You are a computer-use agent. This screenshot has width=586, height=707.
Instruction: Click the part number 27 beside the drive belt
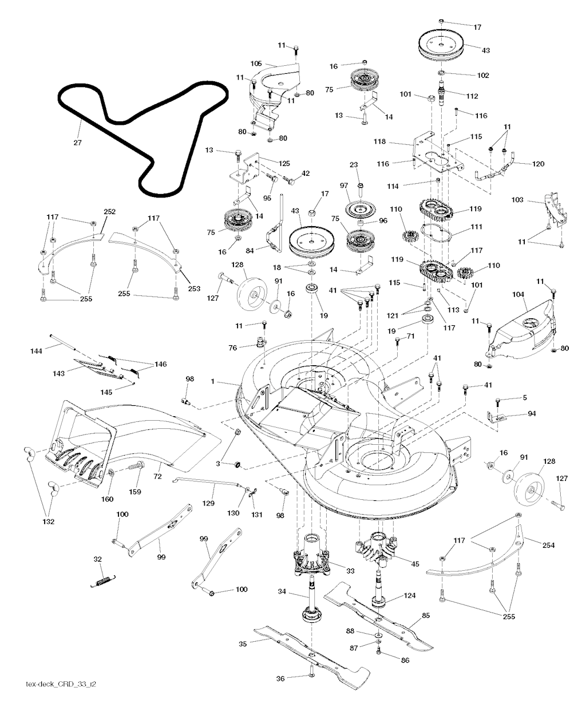(x=77, y=143)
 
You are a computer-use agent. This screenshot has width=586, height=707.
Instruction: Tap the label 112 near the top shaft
(x=472, y=96)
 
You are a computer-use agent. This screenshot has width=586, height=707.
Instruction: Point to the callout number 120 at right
(x=538, y=164)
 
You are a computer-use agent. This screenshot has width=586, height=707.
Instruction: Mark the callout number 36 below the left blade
(x=280, y=678)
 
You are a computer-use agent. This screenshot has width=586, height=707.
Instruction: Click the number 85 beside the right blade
(x=426, y=617)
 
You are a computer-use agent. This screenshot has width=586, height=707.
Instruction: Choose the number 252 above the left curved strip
(x=109, y=212)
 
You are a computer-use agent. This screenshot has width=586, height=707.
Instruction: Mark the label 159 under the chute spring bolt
(x=136, y=492)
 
